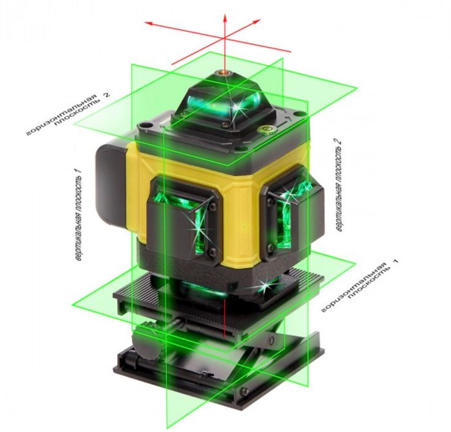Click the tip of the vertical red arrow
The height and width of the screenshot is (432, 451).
click(x=225, y=14)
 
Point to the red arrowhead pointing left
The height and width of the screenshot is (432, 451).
click(x=148, y=24)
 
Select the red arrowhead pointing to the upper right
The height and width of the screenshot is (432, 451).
click(x=257, y=21)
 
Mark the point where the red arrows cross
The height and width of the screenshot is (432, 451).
click(x=225, y=38)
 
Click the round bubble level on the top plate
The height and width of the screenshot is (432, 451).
click(x=266, y=130)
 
